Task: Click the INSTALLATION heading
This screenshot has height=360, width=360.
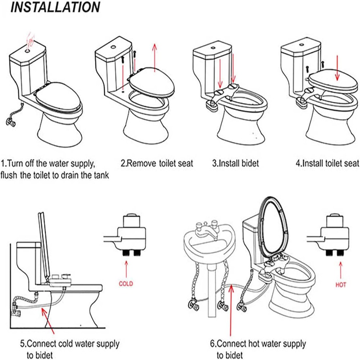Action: click(x=55, y=7)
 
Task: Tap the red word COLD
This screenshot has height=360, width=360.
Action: click(x=126, y=284)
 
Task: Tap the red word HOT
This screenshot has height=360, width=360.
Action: click(x=341, y=285)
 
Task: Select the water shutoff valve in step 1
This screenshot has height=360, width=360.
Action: click(x=11, y=123)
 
